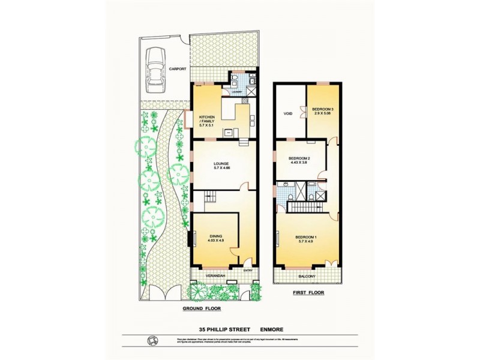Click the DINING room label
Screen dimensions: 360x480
tap(216, 238)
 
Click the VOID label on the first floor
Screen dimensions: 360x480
tap(287, 113)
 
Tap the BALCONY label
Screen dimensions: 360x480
tap(306, 277)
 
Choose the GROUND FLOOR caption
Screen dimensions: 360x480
tap(202, 309)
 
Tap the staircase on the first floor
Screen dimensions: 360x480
tap(307, 207)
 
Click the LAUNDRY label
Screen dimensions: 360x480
tap(237, 92)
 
